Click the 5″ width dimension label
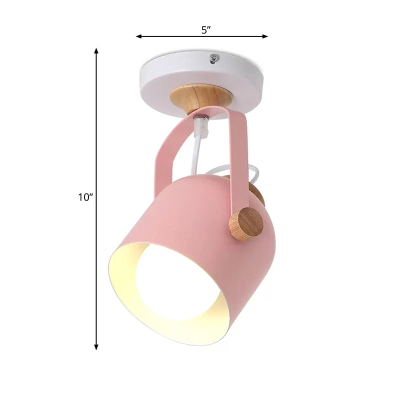coord(205,29)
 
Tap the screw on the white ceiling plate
coord(214,59)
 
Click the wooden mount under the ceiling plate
coord(200,97)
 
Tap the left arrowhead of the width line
coord(139,36)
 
